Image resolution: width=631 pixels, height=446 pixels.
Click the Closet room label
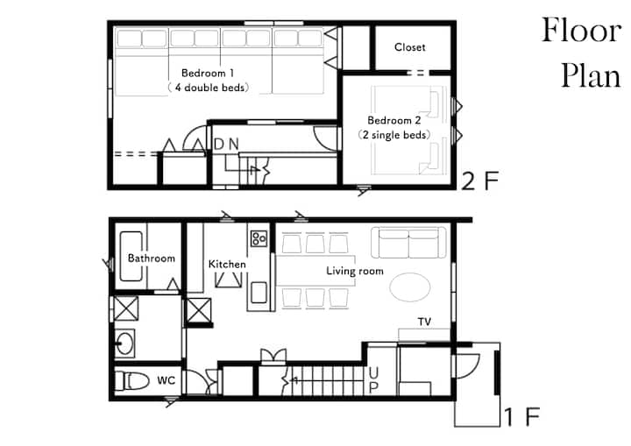pos(409,47)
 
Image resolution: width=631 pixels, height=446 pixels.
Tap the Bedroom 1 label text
pos(207,74)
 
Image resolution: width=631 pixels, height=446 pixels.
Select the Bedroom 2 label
pos(394,120)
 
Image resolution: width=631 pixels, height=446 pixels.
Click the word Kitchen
pos(227,264)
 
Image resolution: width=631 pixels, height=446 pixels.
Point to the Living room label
pos(355,271)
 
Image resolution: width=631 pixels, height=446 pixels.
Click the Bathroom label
pos(152,258)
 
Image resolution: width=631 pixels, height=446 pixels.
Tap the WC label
pos(167,380)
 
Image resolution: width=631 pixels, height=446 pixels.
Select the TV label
pos(424,322)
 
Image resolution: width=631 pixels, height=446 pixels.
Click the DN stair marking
pos(226,144)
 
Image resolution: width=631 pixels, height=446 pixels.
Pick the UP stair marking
pos(373,380)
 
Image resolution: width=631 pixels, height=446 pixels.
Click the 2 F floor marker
pos(480,181)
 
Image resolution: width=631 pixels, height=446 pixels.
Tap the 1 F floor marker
pos(522,417)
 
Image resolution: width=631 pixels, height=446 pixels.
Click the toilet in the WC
pos(132,380)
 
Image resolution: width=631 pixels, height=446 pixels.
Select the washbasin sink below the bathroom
pos(124,343)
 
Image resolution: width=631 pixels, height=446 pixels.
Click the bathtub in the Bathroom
pos(131,257)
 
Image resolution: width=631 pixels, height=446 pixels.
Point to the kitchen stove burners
pos(259,238)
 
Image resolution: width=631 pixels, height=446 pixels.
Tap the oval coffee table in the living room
pos(410,287)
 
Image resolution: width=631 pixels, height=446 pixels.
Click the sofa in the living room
pos(408,243)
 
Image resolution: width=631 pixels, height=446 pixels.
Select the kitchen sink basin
pos(259,293)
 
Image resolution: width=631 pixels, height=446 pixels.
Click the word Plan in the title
pos(591,76)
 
